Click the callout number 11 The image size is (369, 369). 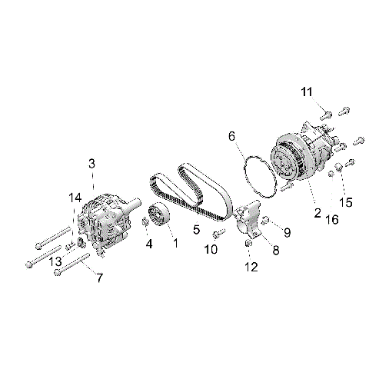(x=306, y=92)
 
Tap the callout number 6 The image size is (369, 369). (x=231, y=136)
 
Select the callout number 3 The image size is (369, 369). (x=91, y=163)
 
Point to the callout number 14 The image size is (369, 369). (x=75, y=198)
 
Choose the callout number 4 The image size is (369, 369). (x=149, y=244)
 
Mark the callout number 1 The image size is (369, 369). (x=175, y=244)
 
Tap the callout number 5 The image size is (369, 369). (x=196, y=229)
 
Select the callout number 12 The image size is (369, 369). (x=248, y=267)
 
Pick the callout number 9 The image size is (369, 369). (x=287, y=231)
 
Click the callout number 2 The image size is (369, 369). (x=317, y=213)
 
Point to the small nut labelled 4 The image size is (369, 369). (x=145, y=224)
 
